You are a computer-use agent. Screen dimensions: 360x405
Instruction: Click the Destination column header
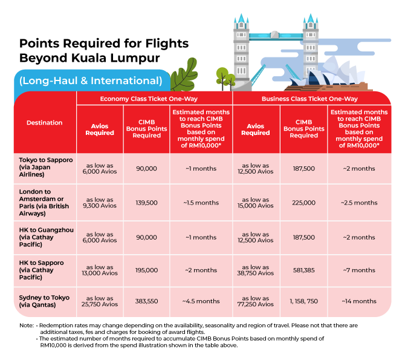tap(44, 123)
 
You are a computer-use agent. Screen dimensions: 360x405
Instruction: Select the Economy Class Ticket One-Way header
tap(154, 99)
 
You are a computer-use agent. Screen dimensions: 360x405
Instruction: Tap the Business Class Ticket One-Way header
tap(309, 99)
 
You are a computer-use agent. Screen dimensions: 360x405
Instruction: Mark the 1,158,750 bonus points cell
tap(302, 301)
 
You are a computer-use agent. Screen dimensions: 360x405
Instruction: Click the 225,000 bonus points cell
tap(302, 202)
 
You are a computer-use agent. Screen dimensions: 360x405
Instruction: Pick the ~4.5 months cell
tap(201, 301)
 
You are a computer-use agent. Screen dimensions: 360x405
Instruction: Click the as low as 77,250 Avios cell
tap(256, 301)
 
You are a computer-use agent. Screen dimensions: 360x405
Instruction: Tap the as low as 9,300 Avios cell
tap(100, 202)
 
